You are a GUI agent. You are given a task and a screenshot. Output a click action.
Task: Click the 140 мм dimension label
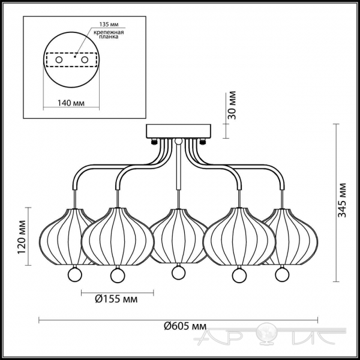(71, 103)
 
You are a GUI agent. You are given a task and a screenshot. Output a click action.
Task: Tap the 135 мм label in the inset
(109, 25)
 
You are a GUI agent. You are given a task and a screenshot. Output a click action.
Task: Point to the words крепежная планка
(109, 34)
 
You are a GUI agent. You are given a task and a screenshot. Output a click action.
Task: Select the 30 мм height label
(232, 105)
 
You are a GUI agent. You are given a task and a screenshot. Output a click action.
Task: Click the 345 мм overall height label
(343, 200)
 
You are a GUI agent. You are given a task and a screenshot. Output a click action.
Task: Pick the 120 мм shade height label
(22, 237)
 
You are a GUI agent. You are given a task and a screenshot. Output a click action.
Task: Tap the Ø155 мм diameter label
(116, 299)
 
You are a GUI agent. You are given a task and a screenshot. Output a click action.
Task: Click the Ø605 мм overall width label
(185, 326)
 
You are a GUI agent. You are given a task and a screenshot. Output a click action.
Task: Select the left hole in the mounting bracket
(59, 60)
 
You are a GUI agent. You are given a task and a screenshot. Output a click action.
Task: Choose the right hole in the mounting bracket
(85, 60)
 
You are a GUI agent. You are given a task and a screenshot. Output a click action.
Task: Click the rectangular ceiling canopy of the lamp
(179, 131)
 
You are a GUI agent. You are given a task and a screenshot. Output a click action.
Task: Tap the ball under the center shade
(178, 273)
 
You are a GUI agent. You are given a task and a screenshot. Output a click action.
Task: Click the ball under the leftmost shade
(74, 275)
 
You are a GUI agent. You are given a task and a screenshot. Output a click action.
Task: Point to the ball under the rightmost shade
(283, 275)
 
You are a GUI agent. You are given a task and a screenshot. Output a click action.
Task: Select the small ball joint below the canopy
(178, 141)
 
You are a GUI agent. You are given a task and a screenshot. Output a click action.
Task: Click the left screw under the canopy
(154, 142)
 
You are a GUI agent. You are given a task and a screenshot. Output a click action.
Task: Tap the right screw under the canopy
(203, 142)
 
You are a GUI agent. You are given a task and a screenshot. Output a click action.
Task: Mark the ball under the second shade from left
(118, 275)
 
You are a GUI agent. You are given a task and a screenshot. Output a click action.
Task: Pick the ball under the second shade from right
(239, 275)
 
